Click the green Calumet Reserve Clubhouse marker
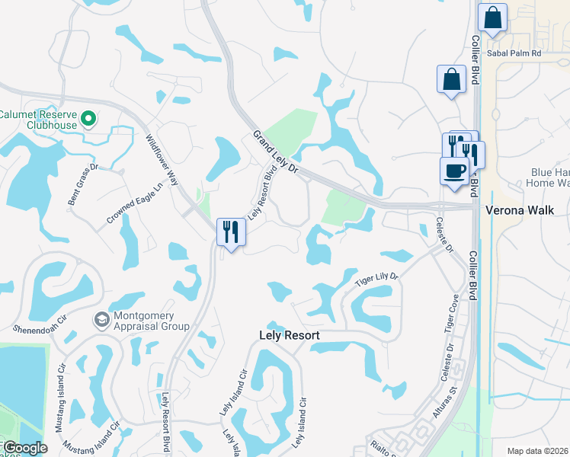(88, 118)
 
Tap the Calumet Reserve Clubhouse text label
(37, 119)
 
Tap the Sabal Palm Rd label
(515, 54)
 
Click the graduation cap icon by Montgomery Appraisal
(100, 320)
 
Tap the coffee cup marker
(455, 171)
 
